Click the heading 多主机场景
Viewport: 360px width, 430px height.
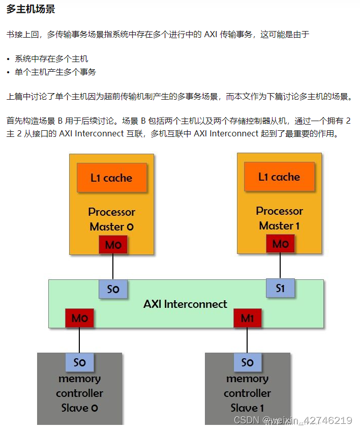click(x=31, y=10)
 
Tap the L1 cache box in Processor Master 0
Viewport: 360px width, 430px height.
click(x=111, y=178)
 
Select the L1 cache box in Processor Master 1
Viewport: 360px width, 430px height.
click(x=279, y=177)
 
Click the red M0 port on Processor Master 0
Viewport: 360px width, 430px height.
click(x=113, y=245)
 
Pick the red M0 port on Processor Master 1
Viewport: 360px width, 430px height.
click(x=280, y=244)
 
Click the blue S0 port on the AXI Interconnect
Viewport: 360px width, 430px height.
click(x=113, y=289)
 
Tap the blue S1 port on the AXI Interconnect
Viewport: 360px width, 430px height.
click(x=280, y=288)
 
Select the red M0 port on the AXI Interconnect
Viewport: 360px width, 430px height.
click(x=79, y=318)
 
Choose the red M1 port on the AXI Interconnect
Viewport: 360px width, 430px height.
click(x=247, y=318)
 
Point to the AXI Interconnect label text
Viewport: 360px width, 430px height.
click(x=185, y=304)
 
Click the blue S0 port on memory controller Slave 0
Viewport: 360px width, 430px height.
click(x=79, y=362)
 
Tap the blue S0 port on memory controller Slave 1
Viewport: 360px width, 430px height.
click(x=247, y=362)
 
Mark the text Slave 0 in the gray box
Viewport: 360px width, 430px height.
click(x=79, y=408)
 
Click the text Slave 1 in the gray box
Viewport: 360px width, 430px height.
click(x=247, y=408)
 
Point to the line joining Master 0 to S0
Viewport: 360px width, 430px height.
click(x=113, y=267)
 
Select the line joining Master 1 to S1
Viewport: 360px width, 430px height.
click(x=280, y=266)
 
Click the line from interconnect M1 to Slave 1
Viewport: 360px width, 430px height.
click(x=247, y=340)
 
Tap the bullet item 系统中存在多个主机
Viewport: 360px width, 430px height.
click(x=51, y=59)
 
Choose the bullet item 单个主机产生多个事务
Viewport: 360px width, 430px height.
click(x=55, y=72)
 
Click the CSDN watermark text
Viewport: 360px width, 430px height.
click(x=292, y=420)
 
